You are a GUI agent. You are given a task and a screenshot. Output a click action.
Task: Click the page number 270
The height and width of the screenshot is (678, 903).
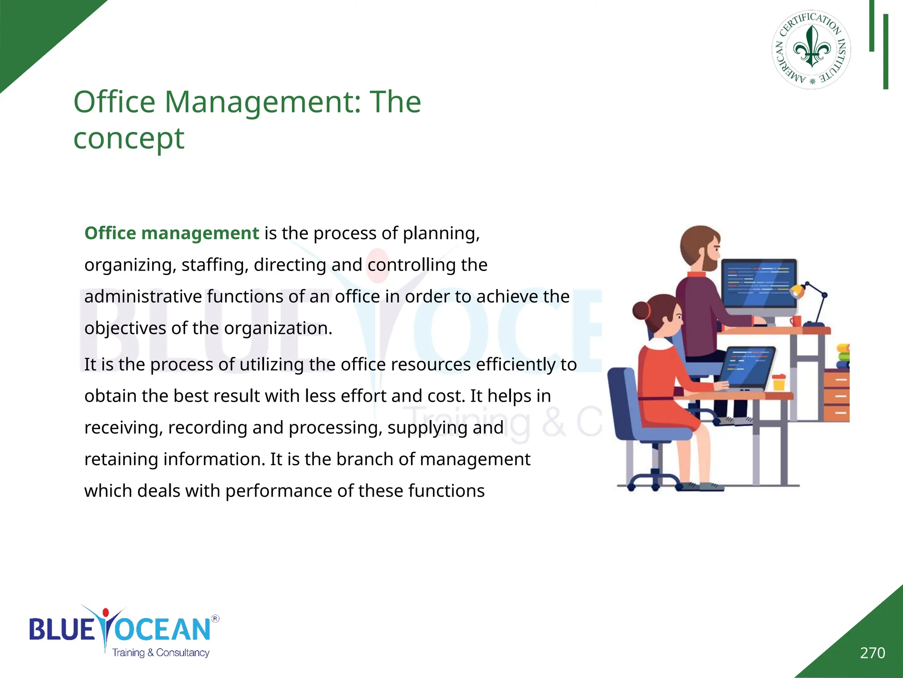tap(872, 652)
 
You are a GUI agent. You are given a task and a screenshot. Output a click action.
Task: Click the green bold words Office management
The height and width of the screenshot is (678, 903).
tap(172, 233)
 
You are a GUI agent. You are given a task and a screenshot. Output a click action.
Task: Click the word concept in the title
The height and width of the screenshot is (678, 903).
tap(128, 139)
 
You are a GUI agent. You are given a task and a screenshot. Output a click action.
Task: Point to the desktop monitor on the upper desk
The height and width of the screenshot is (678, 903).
tap(759, 282)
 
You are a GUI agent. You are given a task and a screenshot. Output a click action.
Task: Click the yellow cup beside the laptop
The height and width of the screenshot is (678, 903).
tap(779, 382)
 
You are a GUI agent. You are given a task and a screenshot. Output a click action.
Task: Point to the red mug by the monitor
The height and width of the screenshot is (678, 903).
tap(795, 320)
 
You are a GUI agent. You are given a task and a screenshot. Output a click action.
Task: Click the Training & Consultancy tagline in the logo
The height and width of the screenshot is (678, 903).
tap(160, 652)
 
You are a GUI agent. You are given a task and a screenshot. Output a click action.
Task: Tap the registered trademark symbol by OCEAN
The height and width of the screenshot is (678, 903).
tap(215, 618)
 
